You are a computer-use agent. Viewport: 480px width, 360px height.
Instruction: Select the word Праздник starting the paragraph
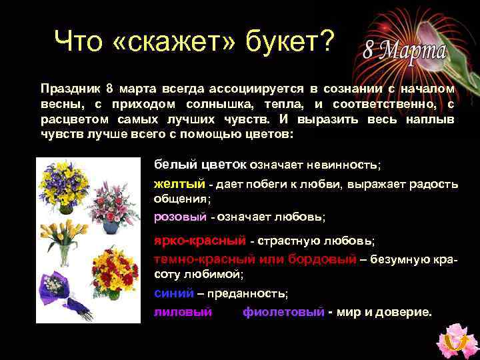(x=67, y=89)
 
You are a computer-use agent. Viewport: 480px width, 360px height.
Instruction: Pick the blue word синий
(x=174, y=293)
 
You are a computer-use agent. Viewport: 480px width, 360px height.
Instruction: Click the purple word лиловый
(x=183, y=311)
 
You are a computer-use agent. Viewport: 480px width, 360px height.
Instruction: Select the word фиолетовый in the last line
(x=284, y=311)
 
